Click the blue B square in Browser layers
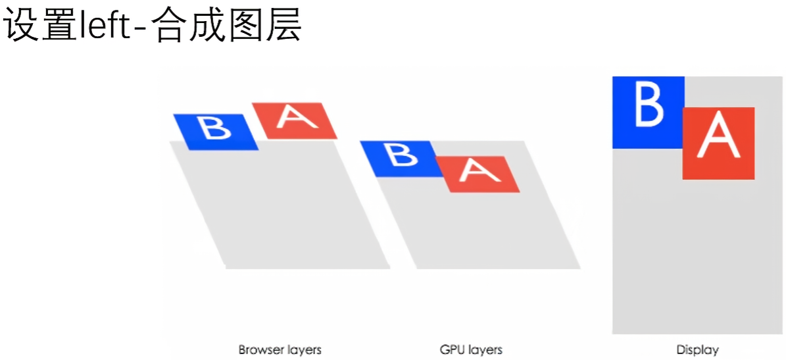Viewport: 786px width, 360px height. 216,132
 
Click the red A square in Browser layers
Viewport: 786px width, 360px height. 294,120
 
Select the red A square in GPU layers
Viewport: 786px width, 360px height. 478,174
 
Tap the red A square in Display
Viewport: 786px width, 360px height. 718,143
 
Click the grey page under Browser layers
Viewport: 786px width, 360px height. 283,211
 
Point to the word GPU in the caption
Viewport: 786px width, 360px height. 451,349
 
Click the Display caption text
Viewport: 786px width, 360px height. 697,349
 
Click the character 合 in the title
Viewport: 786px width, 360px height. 170,26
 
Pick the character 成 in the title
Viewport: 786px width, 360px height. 209,26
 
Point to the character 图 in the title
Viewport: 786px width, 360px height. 247,26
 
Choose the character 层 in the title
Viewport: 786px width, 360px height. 285,26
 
